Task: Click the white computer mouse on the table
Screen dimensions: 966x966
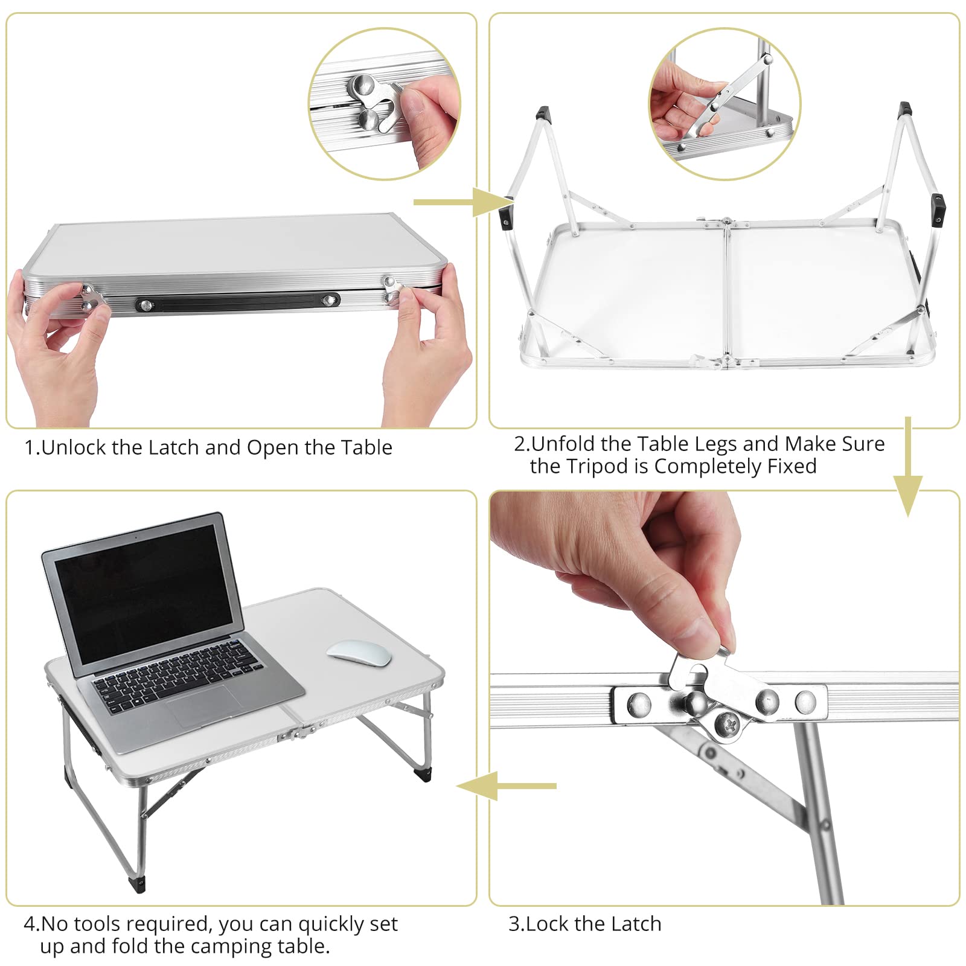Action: point(359,653)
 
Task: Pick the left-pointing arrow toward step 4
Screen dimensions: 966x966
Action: point(507,786)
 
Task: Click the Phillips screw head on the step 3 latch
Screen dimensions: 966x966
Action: point(728,724)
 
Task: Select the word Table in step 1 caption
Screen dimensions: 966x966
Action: point(366,447)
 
